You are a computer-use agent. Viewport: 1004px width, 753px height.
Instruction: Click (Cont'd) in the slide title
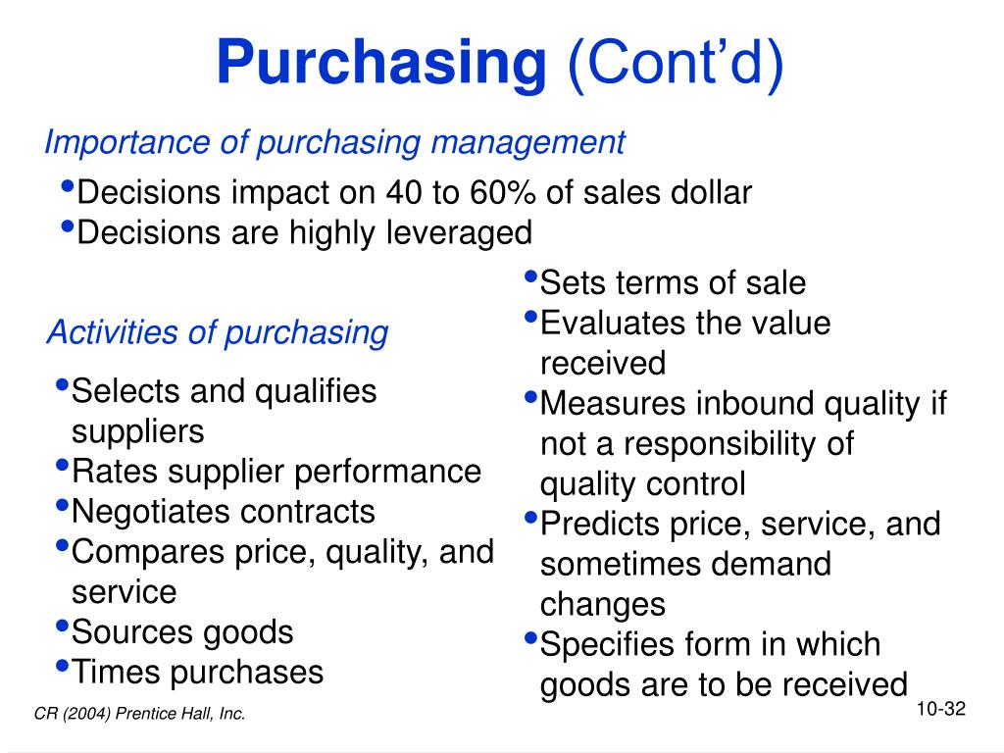pos(676,64)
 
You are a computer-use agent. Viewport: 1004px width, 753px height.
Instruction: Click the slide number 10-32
pos(942,709)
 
